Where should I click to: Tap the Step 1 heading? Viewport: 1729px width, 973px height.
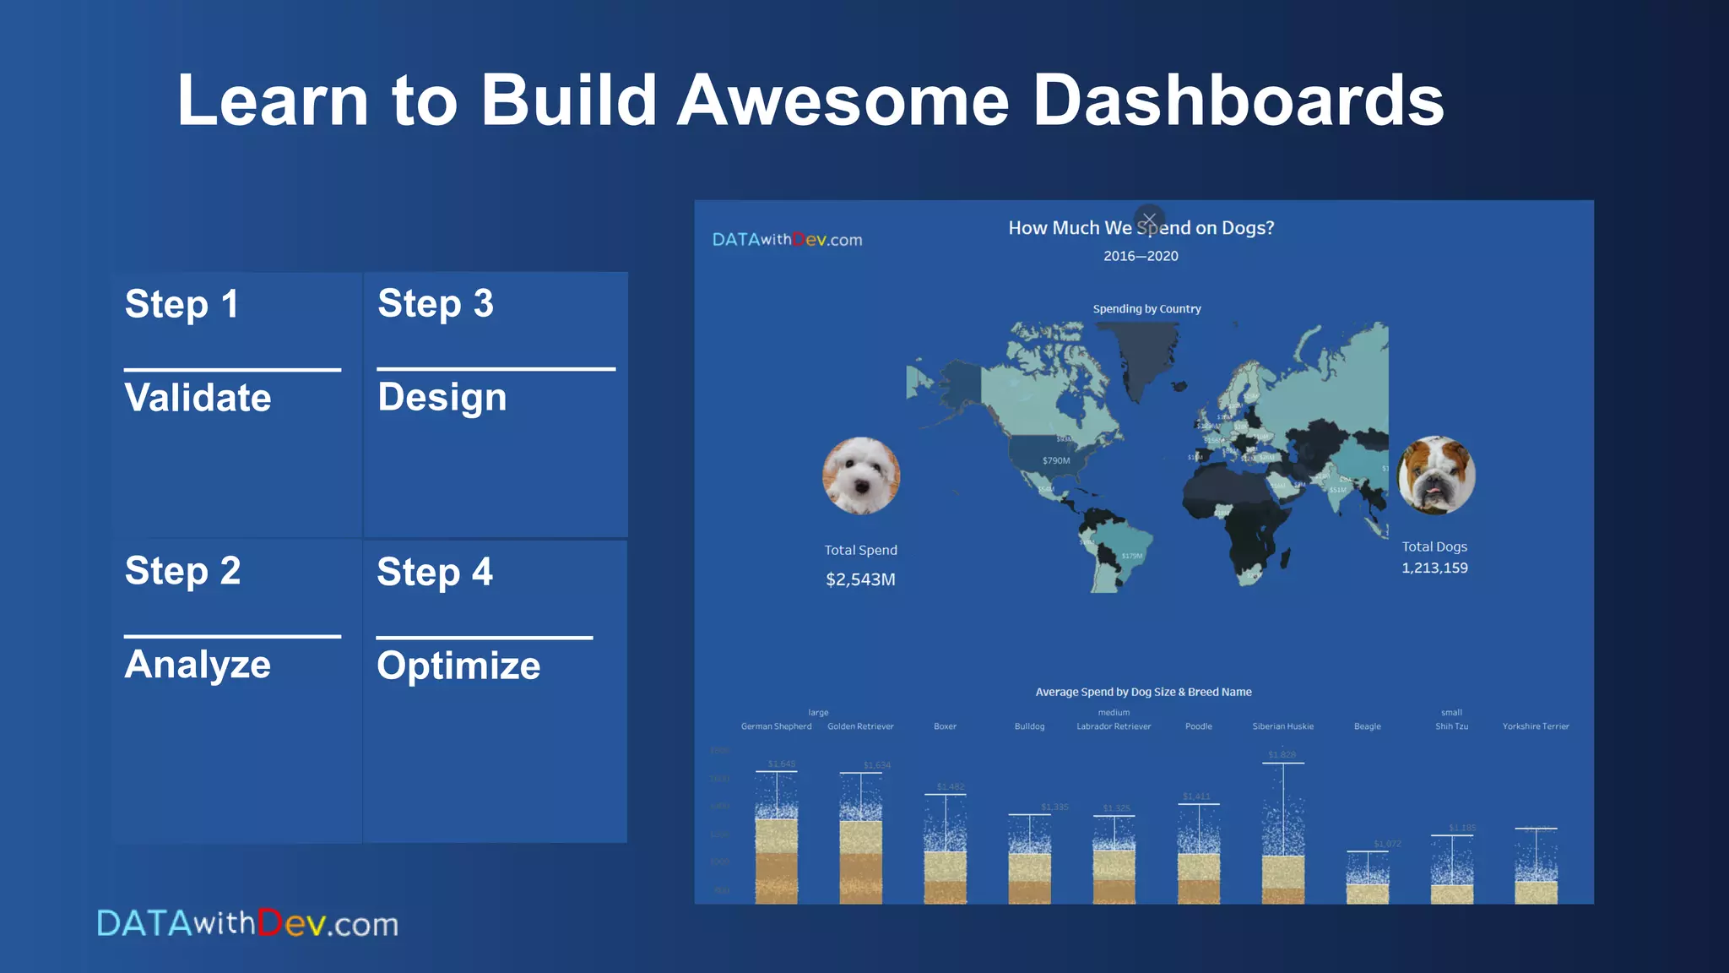pyautogui.click(x=182, y=304)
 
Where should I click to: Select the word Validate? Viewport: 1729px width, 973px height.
pyautogui.click(x=198, y=398)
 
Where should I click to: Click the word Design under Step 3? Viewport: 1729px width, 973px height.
pyautogui.click(x=442, y=398)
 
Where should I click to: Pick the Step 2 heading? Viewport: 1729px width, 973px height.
pyautogui.click(x=182, y=571)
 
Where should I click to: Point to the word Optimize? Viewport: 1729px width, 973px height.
pyautogui.click(x=458, y=666)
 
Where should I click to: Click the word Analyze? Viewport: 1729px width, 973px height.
pyautogui.click(x=198, y=665)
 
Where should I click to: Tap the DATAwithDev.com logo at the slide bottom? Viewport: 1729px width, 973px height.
pyautogui.click(x=247, y=923)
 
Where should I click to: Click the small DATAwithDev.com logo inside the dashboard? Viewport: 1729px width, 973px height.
pyautogui.click(x=787, y=240)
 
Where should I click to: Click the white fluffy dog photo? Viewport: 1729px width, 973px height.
pyautogui.click(x=861, y=476)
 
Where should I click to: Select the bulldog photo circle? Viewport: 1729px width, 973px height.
pyautogui.click(x=1435, y=475)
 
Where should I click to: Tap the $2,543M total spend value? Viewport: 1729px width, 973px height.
pyautogui.click(x=860, y=579)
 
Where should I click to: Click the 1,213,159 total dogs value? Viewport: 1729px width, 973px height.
pyautogui.click(x=1434, y=568)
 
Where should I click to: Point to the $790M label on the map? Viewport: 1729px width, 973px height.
pyautogui.click(x=1055, y=461)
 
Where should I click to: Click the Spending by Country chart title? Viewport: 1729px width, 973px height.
pyautogui.click(x=1146, y=309)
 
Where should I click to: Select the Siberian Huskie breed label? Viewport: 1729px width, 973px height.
pyautogui.click(x=1282, y=726)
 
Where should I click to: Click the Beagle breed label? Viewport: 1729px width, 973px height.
pyautogui.click(x=1367, y=726)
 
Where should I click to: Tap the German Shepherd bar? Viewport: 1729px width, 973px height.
pyautogui.click(x=776, y=853)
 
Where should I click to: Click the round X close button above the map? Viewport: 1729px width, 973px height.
pyautogui.click(x=1149, y=220)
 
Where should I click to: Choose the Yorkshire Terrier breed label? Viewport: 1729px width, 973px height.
pyautogui.click(x=1535, y=726)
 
